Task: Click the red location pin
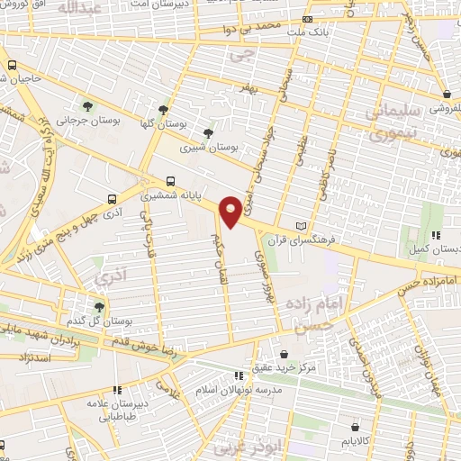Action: click(x=230, y=211)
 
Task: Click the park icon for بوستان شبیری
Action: click(x=209, y=133)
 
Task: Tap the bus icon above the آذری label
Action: click(x=111, y=200)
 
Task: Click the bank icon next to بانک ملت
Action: click(x=308, y=19)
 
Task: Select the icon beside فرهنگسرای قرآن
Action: click(x=301, y=225)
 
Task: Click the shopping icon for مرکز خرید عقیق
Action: click(x=285, y=354)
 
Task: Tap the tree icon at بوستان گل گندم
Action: click(x=100, y=306)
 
